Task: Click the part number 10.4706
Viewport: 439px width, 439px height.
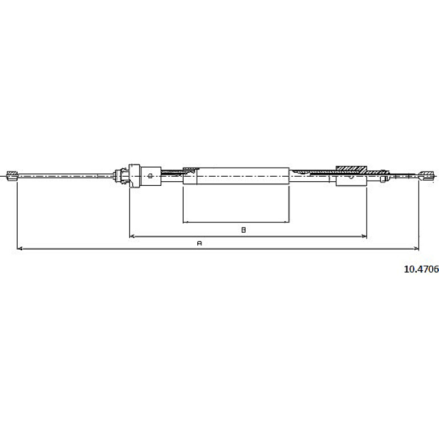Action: point(421,269)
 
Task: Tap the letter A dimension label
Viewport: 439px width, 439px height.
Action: point(200,243)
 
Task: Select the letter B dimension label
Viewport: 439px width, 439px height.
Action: point(243,230)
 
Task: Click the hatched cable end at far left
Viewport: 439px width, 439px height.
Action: point(12,176)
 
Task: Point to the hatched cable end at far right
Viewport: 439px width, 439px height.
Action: point(426,176)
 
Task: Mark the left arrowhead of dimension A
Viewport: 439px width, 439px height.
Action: point(20,249)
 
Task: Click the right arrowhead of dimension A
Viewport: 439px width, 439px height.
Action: point(416,249)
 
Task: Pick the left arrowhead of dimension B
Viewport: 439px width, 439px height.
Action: point(132,236)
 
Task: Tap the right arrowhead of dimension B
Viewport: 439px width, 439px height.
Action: point(364,236)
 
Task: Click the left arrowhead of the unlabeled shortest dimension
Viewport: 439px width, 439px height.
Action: point(185,222)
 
